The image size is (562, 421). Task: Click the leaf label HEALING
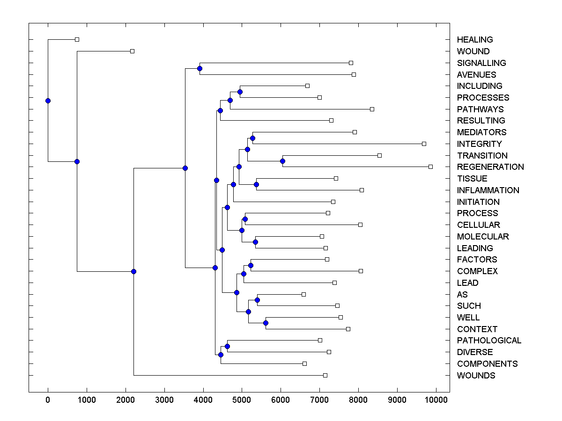tap(475, 40)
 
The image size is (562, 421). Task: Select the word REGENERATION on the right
tap(490, 167)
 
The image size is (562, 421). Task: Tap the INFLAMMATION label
tap(488, 190)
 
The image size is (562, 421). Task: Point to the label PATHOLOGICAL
tap(489, 341)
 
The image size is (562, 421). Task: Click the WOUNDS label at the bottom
tap(476, 376)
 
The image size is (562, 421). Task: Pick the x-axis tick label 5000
tap(242, 399)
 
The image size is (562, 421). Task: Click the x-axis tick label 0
tap(48, 399)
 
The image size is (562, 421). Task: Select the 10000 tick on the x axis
tap(436, 399)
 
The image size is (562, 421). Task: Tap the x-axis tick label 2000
tap(126, 399)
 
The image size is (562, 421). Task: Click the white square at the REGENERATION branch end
tap(430, 167)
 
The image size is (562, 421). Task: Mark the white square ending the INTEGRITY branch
tap(424, 144)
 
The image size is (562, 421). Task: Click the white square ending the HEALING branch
tap(77, 39)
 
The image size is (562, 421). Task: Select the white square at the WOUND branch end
tap(132, 51)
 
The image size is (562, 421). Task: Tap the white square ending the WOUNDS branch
tap(325, 375)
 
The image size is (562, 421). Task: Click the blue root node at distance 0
tap(48, 101)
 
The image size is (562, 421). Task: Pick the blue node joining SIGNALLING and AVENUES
tap(200, 69)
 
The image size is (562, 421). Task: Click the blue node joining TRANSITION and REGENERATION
tap(282, 161)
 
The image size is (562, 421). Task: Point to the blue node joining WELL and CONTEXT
tap(266, 323)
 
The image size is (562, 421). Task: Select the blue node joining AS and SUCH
tap(257, 300)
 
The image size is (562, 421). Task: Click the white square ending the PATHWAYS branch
tap(372, 109)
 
